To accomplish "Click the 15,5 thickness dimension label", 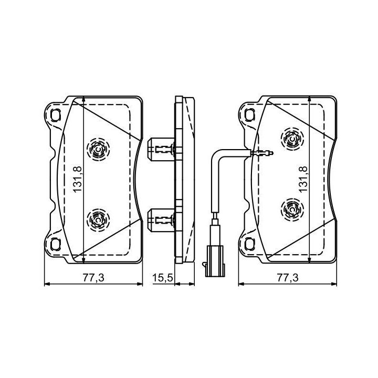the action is (162, 278).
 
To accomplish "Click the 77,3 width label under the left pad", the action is (93, 278).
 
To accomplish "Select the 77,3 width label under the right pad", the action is (288, 278).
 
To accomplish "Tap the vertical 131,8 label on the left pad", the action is (78, 179).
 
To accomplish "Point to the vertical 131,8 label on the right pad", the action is (303, 179).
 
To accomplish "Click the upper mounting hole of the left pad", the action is (56, 115).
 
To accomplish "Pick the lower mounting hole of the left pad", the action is (56, 244).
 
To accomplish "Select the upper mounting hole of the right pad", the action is (249, 114).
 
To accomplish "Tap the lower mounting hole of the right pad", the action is (249, 244).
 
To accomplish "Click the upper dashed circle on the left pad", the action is (98, 150).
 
